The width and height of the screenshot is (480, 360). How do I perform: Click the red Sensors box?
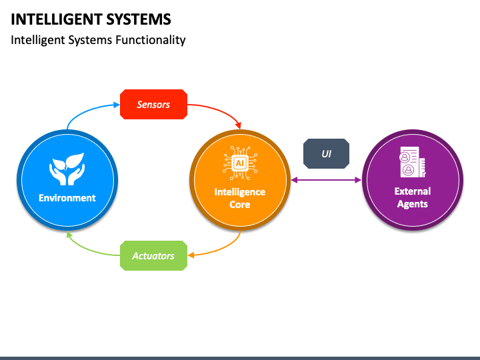click(x=154, y=105)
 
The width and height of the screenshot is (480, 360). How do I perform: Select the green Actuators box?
click(x=154, y=255)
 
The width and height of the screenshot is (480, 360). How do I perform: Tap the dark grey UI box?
click(x=326, y=154)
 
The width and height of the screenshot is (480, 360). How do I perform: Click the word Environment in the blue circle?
click(x=67, y=198)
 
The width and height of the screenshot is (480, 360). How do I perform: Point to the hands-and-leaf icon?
click(x=67, y=169)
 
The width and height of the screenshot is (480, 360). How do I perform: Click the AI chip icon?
click(x=240, y=163)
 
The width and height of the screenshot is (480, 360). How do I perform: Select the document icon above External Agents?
click(x=413, y=162)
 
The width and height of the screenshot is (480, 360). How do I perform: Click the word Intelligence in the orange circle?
click(x=240, y=192)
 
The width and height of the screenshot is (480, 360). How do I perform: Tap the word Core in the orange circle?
click(x=240, y=205)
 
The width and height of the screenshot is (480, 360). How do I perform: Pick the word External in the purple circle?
click(x=413, y=191)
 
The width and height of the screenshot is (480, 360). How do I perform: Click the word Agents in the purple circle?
click(x=413, y=204)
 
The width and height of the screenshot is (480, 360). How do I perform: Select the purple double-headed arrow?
click(x=326, y=180)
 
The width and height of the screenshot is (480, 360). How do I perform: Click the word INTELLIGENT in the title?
click(x=55, y=19)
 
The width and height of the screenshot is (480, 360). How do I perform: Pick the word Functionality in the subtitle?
click(x=151, y=41)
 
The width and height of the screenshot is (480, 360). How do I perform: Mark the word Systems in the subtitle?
click(x=90, y=41)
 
